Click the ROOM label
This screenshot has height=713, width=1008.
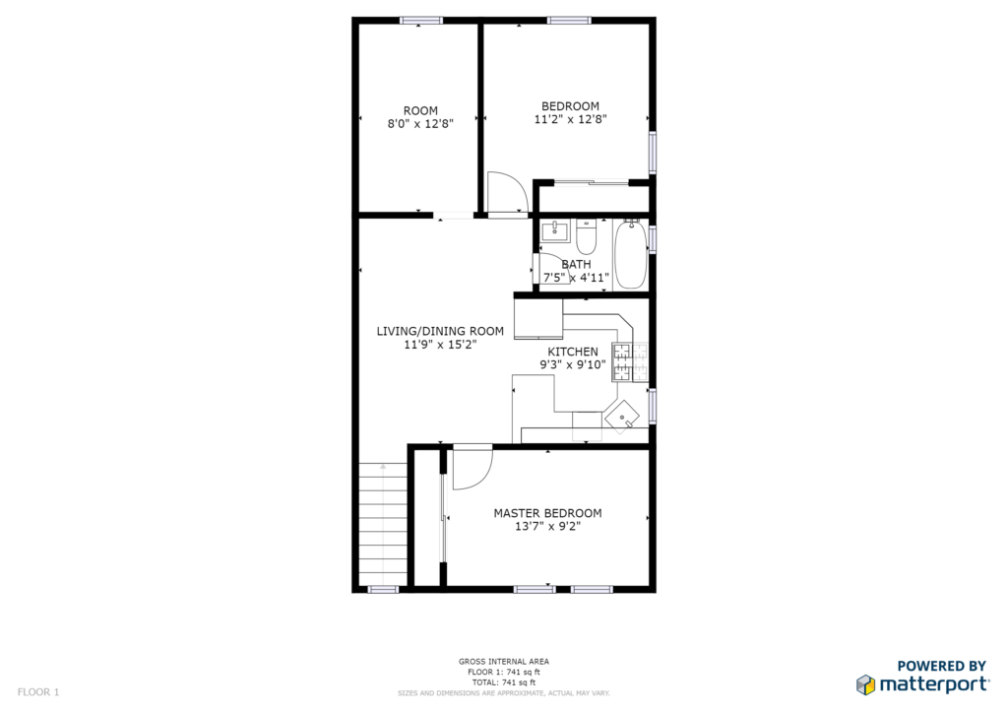420,110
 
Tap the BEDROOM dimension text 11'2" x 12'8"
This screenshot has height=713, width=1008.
570,119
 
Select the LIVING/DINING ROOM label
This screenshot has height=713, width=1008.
440,331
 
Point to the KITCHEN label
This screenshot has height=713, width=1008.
573,352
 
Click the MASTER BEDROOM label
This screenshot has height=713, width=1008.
547,513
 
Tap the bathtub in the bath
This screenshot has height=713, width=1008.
631,254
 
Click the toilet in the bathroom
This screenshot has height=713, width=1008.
586,236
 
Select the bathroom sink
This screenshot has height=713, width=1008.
554,230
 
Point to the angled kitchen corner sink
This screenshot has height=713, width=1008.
622,416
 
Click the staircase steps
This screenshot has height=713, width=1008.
383,524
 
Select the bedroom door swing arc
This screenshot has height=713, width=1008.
508,192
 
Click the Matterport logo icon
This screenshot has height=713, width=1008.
866,684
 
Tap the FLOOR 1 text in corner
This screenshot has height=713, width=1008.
38,692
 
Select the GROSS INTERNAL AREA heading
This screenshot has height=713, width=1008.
503,662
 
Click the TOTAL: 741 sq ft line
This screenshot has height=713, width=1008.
503,682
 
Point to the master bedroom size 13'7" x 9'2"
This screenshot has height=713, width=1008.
547,527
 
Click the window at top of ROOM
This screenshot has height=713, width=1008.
421,21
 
